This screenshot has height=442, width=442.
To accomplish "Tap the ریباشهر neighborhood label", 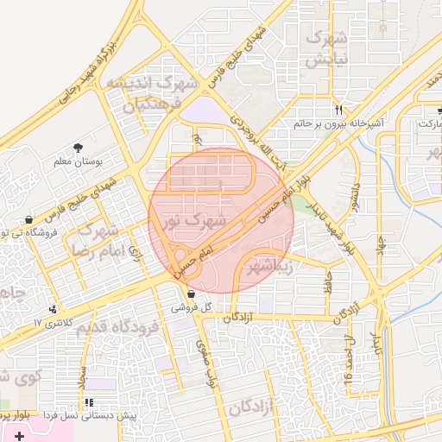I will (x=269, y=265).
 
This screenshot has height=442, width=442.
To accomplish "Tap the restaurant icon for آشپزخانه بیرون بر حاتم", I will (x=339, y=110).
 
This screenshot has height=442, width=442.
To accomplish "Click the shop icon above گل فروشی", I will (x=190, y=294).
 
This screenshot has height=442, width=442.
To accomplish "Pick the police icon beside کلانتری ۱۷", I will (x=55, y=309).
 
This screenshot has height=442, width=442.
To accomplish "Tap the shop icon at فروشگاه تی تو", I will (x=31, y=219).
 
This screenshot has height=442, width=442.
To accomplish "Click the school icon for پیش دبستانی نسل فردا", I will (x=90, y=402).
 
